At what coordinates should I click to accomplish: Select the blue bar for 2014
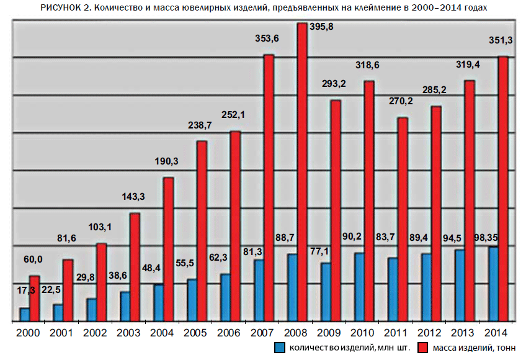493,284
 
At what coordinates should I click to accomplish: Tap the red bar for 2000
35,299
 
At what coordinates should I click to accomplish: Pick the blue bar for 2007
259,290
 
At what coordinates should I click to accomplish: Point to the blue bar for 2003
125,306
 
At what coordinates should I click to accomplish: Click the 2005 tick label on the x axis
195,333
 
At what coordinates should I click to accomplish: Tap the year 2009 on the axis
329,333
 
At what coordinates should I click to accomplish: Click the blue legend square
280,348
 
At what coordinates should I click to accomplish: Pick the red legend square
424,348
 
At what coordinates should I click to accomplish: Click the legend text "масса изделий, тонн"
475,348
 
